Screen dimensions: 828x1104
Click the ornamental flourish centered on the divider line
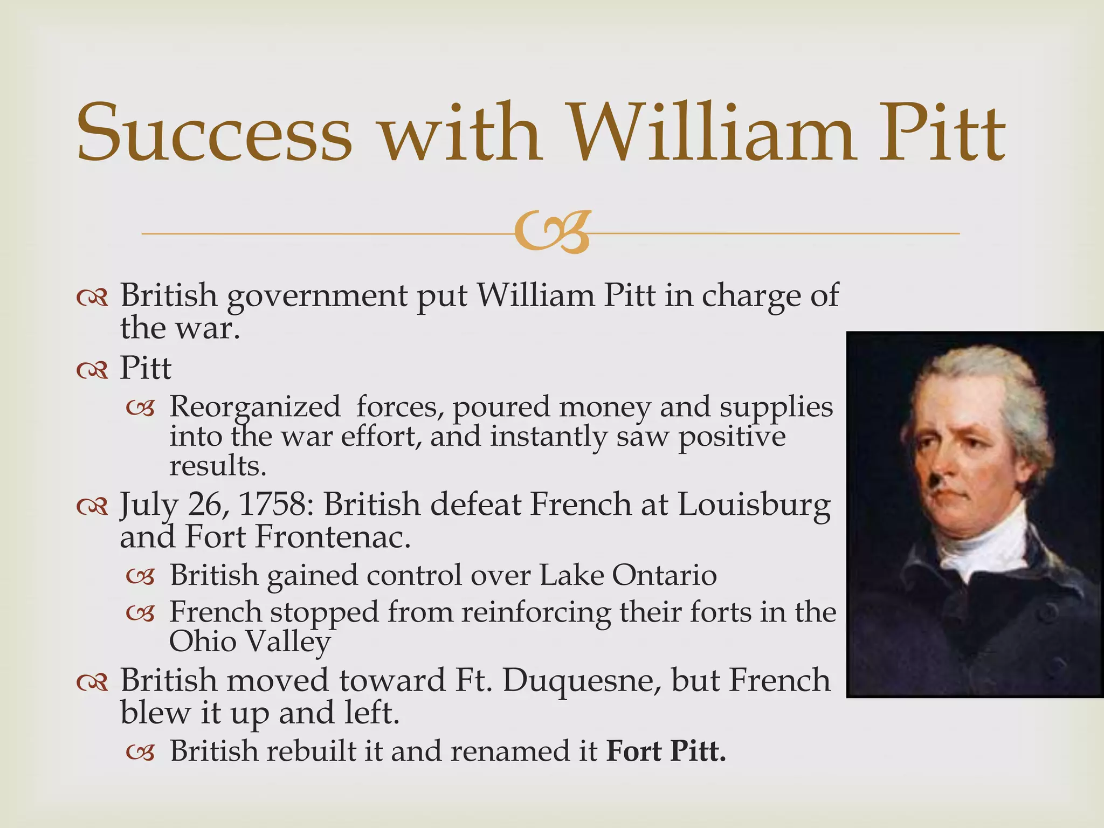tap(551, 233)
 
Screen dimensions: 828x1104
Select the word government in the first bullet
tap(317, 295)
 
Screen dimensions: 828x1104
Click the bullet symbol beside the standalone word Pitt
tap(92, 370)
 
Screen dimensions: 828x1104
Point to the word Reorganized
tap(255, 407)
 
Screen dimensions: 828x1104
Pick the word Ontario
tap(664, 575)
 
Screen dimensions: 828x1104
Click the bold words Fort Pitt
tap(666, 750)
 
